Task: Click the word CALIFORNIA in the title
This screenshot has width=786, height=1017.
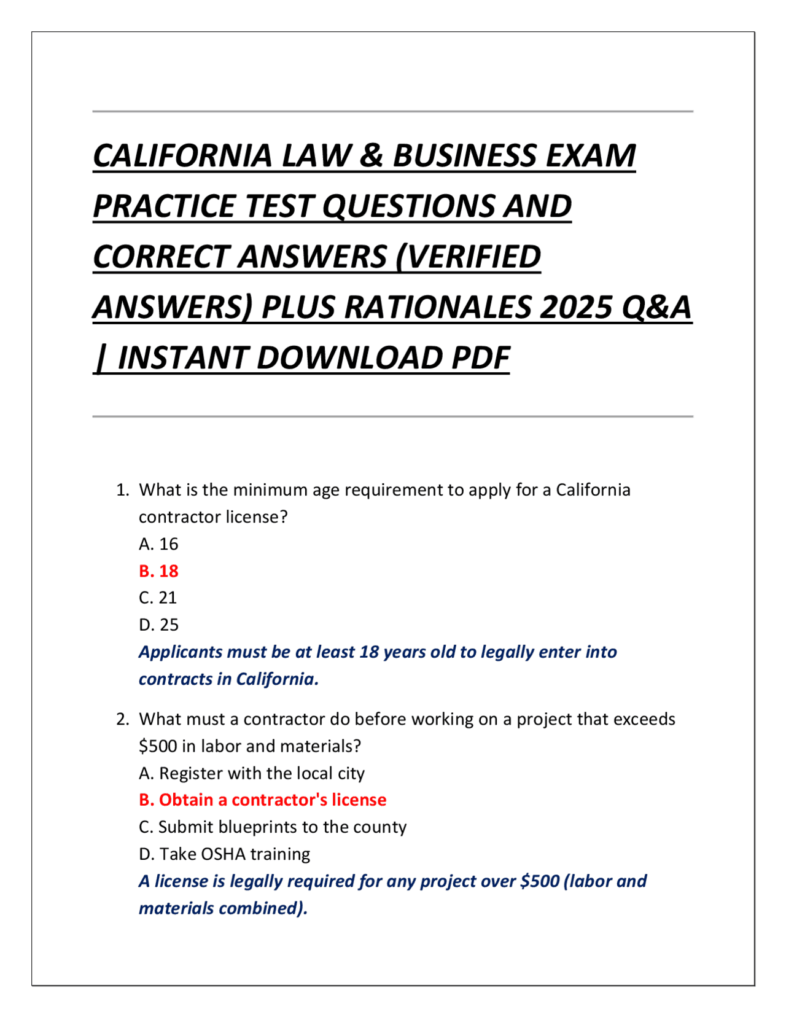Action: [x=182, y=155]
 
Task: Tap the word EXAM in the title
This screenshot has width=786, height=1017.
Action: [x=591, y=155]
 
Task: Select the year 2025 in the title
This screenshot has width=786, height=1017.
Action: [x=576, y=307]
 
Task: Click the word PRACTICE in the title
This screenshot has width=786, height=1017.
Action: [x=164, y=206]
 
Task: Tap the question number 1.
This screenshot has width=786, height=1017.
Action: [x=122, y=490]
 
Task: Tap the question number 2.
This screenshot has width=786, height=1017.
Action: [x=122, y=719]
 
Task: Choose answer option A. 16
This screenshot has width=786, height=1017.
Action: [x=158, y=544]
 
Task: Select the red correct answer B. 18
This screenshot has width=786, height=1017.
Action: [x=158, y=571]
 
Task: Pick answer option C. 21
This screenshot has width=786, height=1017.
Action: [x=158, y=598]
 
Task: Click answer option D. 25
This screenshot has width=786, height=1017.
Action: [x=158, y=625]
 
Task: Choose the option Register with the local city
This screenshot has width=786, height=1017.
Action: [x=262, y=773]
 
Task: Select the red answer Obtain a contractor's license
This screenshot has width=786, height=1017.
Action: [x=273, y=800]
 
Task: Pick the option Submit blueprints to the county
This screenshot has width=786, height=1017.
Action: [x=282, y=827]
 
